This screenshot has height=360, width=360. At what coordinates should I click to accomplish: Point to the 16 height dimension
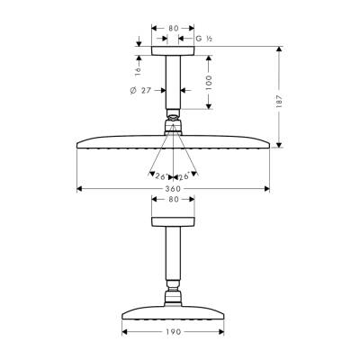tap(138, 66)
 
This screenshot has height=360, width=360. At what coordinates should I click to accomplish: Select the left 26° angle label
tap(160, 175)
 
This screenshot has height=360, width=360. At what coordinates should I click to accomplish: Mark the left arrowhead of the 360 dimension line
tap(80, 189)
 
